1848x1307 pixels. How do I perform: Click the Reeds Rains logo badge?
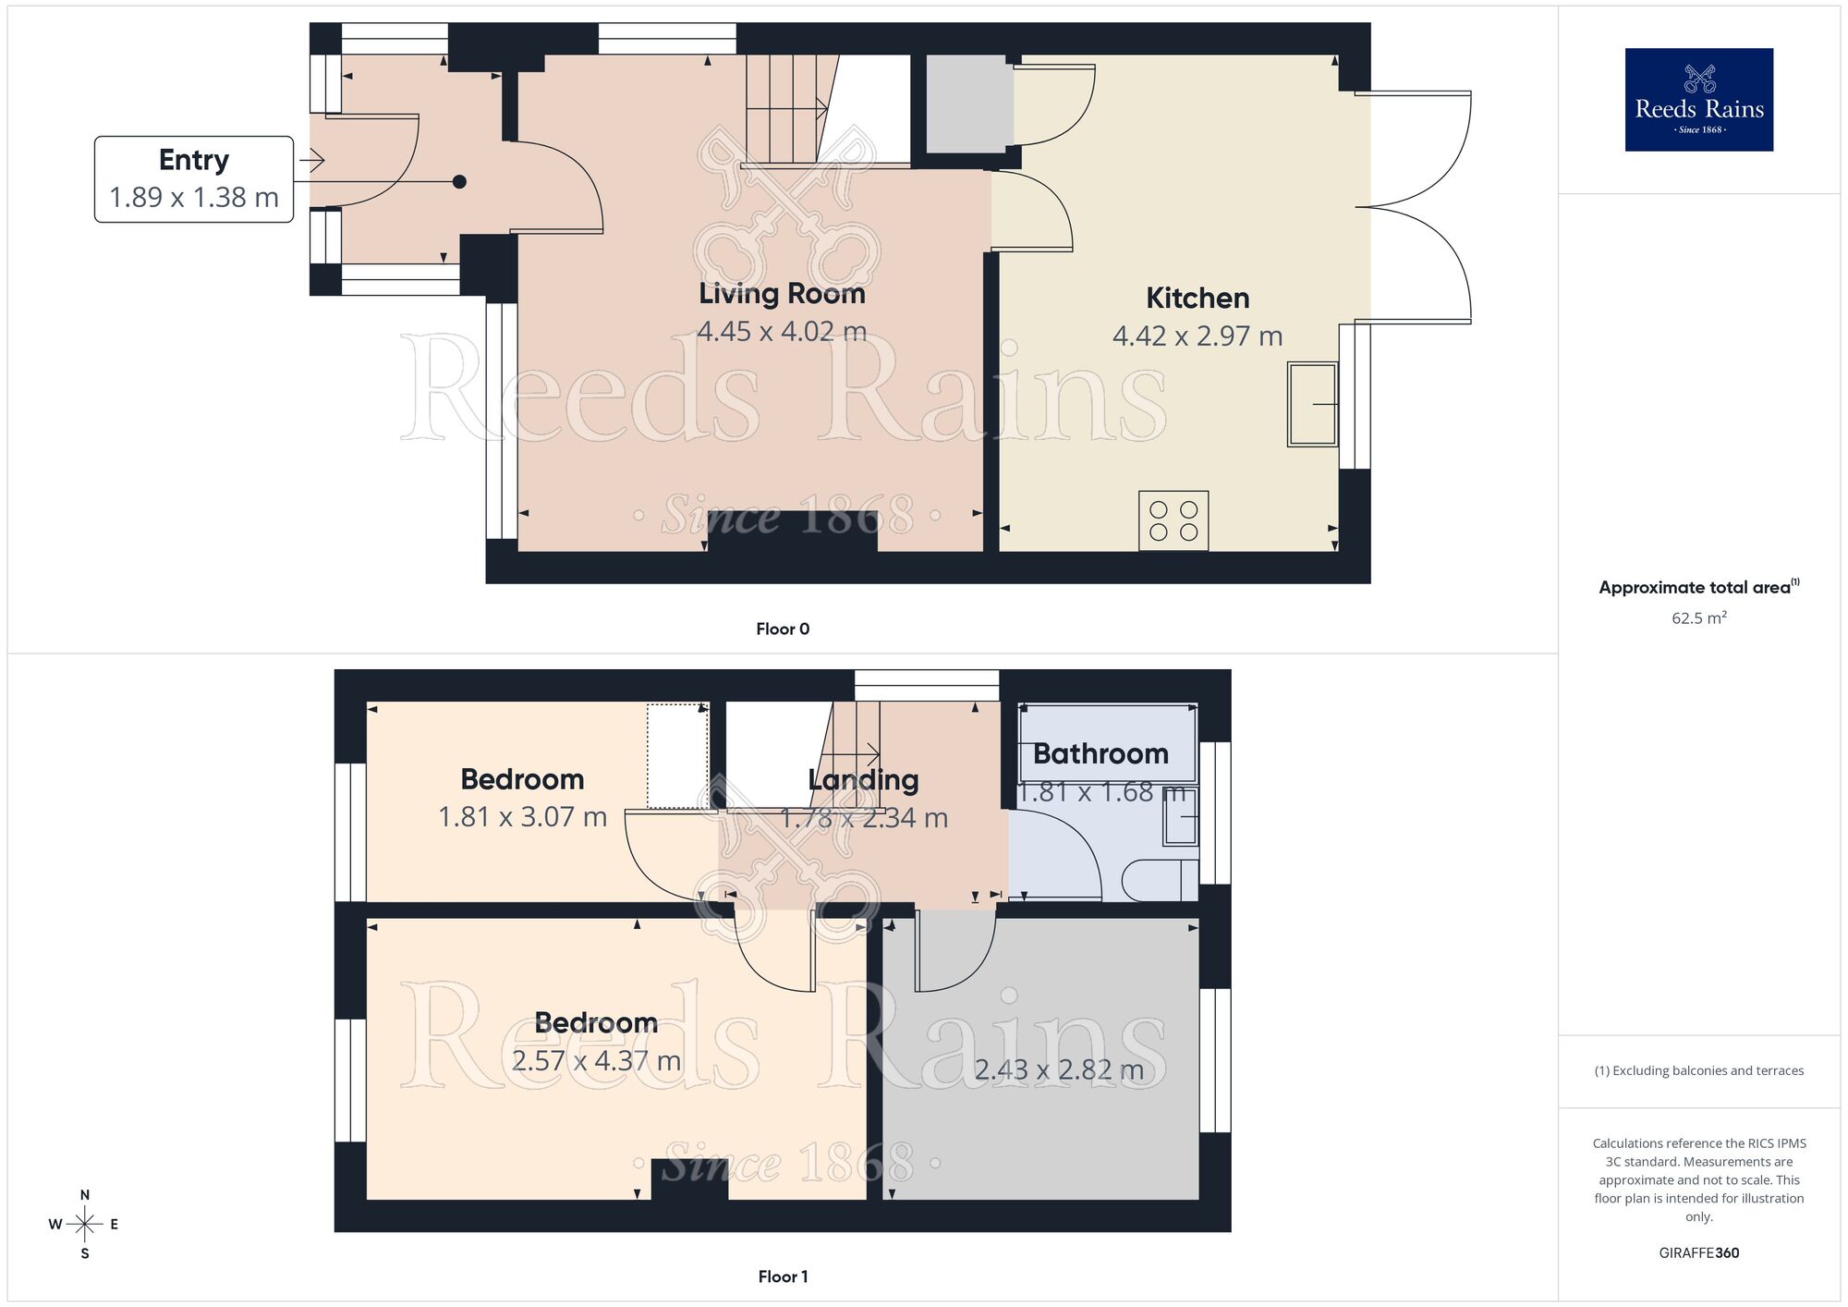1698,100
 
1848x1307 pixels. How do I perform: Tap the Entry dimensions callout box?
194,179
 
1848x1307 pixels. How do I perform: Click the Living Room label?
782,294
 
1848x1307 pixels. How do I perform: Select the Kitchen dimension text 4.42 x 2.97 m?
1198,336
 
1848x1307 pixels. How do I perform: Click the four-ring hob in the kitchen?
1173,521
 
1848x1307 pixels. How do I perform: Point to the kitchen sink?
1312,405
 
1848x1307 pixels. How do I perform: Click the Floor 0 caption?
783,629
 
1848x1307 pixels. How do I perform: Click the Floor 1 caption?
783,1276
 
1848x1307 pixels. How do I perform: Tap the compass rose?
84,1225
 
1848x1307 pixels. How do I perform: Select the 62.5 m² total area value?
1698,618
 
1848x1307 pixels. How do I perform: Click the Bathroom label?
1100,754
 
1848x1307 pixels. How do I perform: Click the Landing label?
863,780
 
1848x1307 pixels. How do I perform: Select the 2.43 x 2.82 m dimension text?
1059,1070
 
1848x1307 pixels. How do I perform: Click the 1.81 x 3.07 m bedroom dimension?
522,817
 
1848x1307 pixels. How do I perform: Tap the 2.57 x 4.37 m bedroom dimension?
596,1061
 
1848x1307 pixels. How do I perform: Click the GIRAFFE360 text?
1698,1253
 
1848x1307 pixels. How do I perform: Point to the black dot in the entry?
459,182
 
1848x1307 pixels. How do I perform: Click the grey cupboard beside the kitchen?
965,104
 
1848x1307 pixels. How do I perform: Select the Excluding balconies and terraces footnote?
1698,1071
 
